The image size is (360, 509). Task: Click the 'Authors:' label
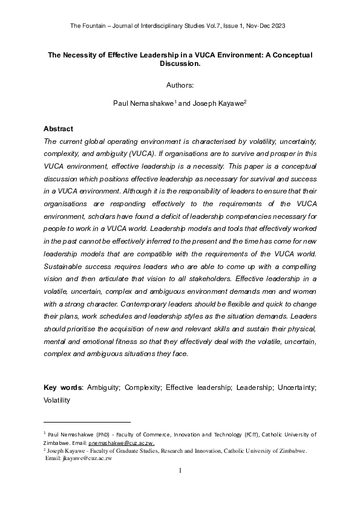click(180, 85)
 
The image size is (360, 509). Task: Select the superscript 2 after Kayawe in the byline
click(244, 102)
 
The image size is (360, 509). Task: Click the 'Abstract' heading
click(58, 129)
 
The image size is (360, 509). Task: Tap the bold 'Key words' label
click(63, 387)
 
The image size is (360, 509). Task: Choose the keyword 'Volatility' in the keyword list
click(57, 400)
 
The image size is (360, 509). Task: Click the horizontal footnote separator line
click(87, 421)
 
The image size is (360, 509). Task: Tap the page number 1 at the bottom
click(180, 470)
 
